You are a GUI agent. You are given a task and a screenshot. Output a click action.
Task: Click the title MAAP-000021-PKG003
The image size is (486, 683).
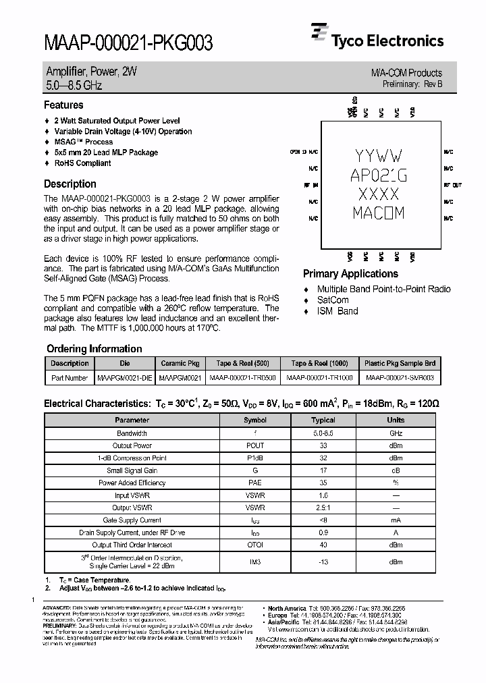tap(128, 44)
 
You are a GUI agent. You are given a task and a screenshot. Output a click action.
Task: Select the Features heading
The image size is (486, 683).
tap(63, 105)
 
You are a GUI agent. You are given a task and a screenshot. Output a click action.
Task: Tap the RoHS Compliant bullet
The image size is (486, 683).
tap(82, 163)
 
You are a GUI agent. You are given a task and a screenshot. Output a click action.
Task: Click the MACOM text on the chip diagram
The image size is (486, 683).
tap(378, 213)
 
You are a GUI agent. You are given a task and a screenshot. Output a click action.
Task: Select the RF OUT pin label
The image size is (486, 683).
tap(452, 184)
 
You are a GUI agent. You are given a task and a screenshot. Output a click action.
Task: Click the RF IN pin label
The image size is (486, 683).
tap(310, 184)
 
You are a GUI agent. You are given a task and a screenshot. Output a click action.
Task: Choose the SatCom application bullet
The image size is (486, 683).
tap(333, 300)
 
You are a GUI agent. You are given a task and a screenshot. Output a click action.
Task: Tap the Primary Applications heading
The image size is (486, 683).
tap(350, 274)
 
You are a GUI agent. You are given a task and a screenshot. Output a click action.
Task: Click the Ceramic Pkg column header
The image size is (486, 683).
tap(180, 363)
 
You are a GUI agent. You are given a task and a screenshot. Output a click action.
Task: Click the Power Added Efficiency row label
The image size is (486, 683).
tap(132, 483)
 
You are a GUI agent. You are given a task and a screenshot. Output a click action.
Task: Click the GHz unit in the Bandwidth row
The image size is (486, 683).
tap(396, 433)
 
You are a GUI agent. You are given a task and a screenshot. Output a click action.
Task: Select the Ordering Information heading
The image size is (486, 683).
tap(94, 349)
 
